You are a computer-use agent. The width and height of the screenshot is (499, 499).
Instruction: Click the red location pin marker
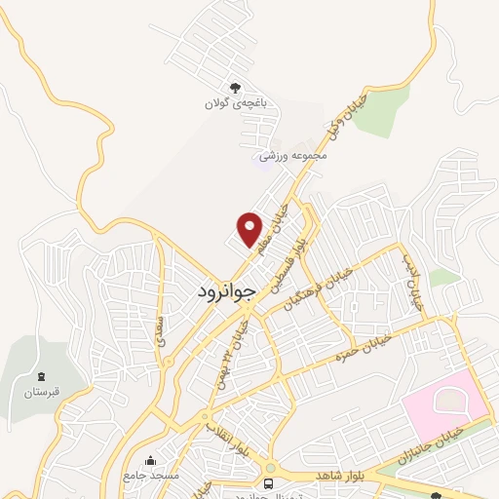pyautogui.click(x=250, y=229)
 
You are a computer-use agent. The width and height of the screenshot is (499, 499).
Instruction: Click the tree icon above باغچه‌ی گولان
pyautogui.click(x=235, y=87)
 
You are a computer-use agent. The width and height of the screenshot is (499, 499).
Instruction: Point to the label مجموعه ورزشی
pyautogui.click(x=289, y=155)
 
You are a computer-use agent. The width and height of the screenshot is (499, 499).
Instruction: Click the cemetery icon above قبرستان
pyautogui.click(x=40, y=376)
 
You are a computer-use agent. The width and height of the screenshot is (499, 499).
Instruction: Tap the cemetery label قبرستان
pyautogui.click(x=40, y=392)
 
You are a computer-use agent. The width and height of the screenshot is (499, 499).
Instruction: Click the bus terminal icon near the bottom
pyautogui.click(x=269, y=482)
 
